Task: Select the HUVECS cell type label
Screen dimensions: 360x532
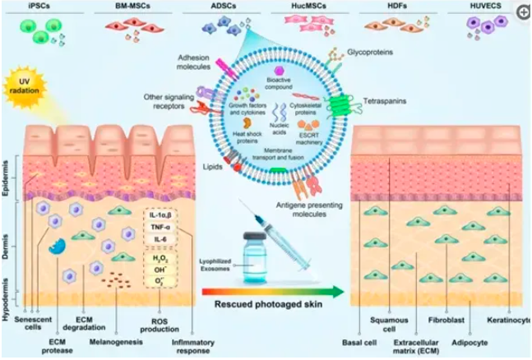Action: (482, 7)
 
